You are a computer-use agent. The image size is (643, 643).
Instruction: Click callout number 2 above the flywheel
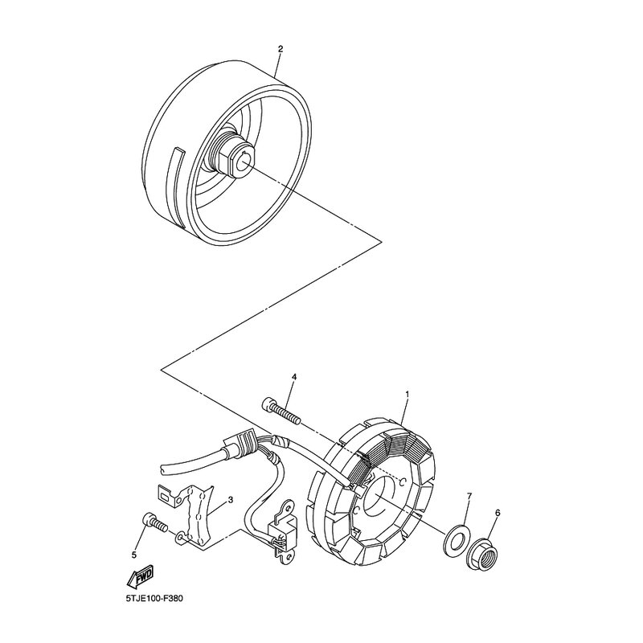(280, 50)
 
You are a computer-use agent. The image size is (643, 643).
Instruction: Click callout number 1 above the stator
(408, 395)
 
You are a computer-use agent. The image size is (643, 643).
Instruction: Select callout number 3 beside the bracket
(230, 500)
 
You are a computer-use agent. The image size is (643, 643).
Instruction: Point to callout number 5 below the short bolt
(135, 554)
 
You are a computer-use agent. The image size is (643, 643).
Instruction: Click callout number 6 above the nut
(498, 513)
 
